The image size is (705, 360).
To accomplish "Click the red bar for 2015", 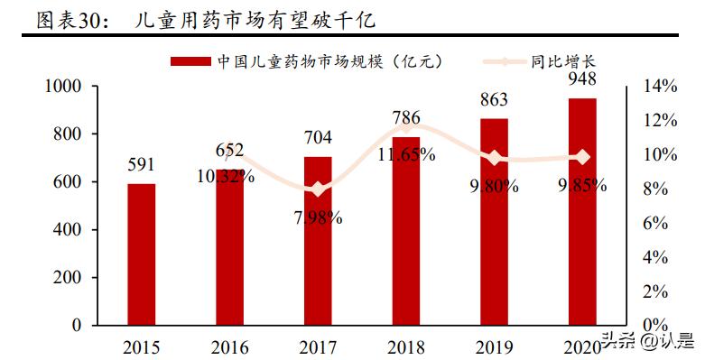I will (141, 254).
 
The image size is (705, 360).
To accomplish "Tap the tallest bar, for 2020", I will (582, 211).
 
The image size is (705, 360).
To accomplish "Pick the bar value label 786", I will (406, 117).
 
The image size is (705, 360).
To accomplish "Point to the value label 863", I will (494, 99).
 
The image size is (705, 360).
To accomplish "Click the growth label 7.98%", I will (318, 217).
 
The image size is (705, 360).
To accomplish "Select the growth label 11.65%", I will (406, 154).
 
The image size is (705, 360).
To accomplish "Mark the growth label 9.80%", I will (494, 186).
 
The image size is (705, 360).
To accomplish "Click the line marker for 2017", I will (318, 189).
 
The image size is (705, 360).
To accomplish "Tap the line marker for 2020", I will (582, 157).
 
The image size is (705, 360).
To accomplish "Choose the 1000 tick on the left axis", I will (64, 87).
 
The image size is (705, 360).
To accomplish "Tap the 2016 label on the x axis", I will (229, 346).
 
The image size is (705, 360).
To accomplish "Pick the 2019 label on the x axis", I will (494, 346).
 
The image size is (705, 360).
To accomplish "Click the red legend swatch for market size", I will (190, 61).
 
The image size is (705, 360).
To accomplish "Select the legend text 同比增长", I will (562, 61).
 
